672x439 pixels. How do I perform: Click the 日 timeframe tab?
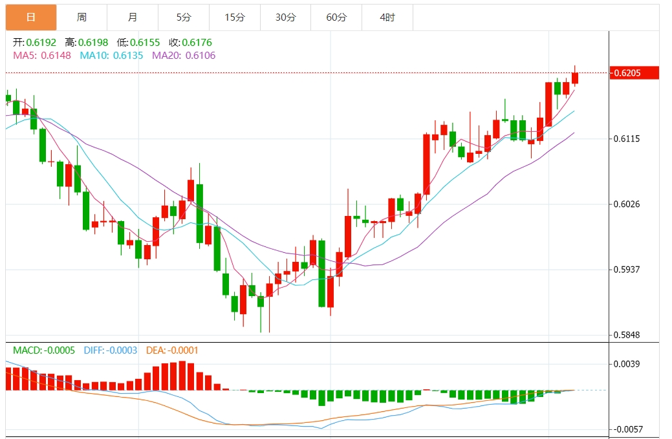coord(31,17)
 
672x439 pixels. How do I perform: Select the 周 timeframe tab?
coord(81,17)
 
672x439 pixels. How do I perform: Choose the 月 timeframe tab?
coord(133,17)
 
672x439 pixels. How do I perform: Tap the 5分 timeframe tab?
coord(184,17)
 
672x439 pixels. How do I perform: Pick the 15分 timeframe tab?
coord(235,17)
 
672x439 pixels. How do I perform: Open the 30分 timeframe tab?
coord(285,17)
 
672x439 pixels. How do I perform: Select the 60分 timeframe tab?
coord(336,17)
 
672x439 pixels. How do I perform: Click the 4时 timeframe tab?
coord(387,17)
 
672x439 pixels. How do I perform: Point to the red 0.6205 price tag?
coord(634,73)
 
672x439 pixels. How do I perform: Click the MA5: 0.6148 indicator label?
coord(42,56)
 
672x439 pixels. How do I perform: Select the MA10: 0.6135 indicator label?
coord(111,56)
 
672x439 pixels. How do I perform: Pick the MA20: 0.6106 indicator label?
coord(184,56)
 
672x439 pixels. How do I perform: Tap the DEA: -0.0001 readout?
coord(172,350)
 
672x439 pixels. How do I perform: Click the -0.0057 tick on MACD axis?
coord(627,429)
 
